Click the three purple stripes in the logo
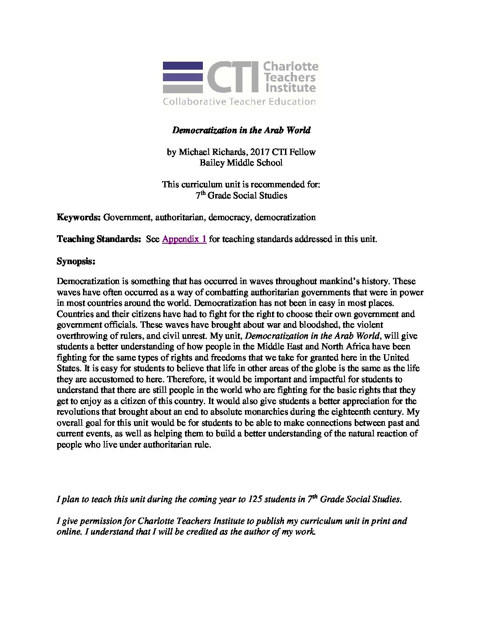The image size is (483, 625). [182, 77]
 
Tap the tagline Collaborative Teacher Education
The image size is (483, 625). [239, 102]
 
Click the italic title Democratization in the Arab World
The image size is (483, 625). [241, 130]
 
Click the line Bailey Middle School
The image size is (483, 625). [241, 163]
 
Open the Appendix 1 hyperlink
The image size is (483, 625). [184, 239]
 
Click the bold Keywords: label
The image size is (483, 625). [79, 218]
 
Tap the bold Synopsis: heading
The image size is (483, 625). [76, 261]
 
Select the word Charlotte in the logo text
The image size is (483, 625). [291, 67]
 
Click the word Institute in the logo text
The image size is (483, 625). [289, 87]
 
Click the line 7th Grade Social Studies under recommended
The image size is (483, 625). [241, 195]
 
